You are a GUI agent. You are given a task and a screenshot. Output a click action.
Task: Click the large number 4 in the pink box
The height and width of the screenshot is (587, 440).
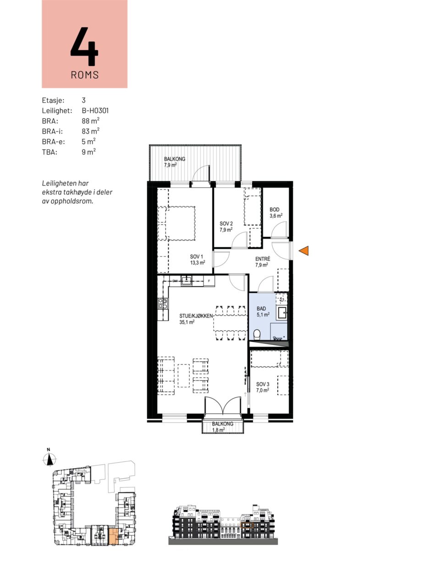(84, 46)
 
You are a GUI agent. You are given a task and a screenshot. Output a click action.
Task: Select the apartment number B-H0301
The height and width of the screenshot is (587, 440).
(95, 111)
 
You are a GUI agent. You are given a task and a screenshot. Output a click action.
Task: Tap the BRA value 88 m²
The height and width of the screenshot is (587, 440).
(91, 121)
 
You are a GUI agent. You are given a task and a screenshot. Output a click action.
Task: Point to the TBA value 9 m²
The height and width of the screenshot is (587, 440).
(89, 152)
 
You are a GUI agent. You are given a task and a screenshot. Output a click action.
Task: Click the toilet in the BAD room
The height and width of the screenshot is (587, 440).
(257, 335)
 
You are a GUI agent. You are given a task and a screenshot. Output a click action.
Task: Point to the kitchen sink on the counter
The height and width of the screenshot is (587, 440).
(186, 281)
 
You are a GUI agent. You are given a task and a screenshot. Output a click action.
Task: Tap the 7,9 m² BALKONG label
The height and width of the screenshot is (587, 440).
(175, 162)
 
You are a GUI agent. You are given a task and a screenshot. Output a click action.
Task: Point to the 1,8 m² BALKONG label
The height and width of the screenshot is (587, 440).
(223, 427)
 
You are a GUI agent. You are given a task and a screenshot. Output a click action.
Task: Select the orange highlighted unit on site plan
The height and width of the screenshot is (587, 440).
(114, 537)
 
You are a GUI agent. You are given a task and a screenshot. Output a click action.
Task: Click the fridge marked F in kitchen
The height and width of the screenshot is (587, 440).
(209, 281)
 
